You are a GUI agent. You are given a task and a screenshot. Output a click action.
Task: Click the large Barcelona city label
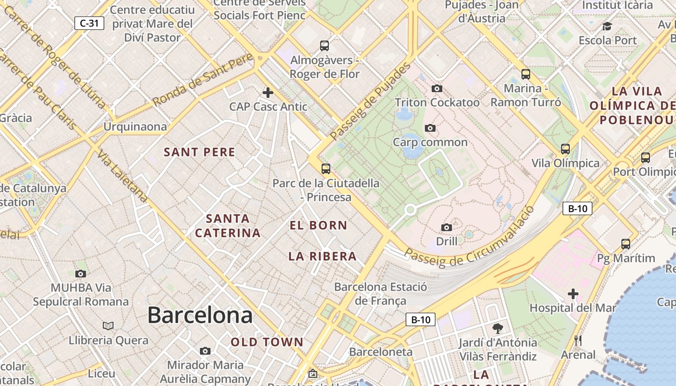click(x=200, y=316)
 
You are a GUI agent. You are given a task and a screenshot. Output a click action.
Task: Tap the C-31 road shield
click(x=89, y=23)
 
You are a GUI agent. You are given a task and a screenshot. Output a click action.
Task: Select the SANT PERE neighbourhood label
click(x=199, y=152)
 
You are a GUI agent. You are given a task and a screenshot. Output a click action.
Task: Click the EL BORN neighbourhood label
click(x=318, y=225)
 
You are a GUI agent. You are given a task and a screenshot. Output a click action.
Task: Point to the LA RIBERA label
click(x=323, y=257)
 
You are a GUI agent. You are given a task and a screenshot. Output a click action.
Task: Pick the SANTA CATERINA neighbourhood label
click(x=228, y=226)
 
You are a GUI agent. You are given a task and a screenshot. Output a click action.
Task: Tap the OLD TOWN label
click(x=267, y=343)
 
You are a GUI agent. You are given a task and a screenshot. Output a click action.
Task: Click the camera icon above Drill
click(x=447, y=227)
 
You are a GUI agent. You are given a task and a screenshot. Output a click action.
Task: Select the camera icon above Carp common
click(x=430, y=128)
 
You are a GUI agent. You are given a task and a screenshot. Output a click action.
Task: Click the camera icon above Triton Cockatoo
click(x=437, y=88)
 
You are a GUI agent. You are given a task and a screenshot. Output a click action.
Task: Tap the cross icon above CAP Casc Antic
click(x=268, y=92)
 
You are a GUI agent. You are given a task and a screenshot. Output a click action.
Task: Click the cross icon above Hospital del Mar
click(x=573, y=293)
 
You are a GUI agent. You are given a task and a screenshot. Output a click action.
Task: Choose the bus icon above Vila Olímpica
click(x=565, y=149)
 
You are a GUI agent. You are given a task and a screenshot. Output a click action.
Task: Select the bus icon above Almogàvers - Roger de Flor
click(x=324, y=46)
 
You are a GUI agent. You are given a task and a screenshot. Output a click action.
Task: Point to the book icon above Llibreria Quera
click(x=108, y=326)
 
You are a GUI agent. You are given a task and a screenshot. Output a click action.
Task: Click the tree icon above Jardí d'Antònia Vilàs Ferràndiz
click(x=497, y=329)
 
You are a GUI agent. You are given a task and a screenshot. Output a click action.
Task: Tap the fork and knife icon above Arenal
click(x=578, y=341)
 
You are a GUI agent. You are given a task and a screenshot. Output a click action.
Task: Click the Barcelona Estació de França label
click(x=380, y=294)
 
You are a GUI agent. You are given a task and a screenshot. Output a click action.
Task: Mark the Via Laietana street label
click(x=122, y=177)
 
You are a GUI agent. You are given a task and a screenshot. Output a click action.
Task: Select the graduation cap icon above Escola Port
click(x=607, y=26)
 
